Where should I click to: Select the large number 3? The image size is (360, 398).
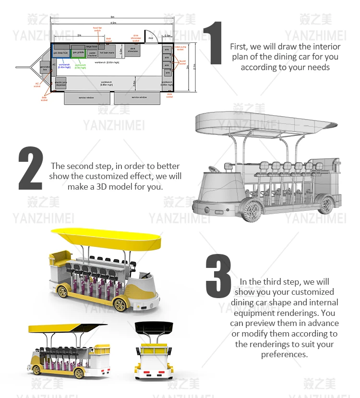pos(218,276)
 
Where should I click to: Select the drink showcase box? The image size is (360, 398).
pos(133,51)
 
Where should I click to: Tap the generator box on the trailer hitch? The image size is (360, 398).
pos(45,69)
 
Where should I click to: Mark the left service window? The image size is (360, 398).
pos(86,97)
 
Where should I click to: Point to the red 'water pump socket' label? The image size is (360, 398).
pos(180,48)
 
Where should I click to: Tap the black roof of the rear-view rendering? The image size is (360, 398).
pos(156,328)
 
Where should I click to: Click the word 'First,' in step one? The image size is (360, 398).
pos(240,47)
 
